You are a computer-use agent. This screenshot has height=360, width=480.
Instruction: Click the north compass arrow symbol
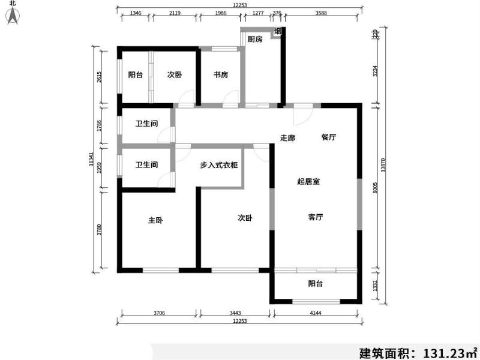click(13, 17)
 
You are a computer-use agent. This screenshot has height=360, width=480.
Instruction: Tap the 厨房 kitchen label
click(255, 40)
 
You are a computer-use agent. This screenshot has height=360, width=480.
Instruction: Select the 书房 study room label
click(221, 75)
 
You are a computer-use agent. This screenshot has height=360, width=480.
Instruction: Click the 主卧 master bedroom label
click(155, 220)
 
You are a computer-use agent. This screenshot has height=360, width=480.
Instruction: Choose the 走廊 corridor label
click(288, 137)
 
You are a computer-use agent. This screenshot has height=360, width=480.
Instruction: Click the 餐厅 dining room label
click(328, 137)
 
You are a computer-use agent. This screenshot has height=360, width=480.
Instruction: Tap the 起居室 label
click(307, 181)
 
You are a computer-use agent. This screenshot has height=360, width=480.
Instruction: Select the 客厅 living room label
click(316, 217)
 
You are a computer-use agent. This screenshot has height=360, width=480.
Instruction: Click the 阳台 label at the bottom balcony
click(316, 284)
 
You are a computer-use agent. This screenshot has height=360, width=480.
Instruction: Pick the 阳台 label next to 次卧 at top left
click(135, 75)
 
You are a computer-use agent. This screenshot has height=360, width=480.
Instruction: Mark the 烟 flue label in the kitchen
click(278, 32)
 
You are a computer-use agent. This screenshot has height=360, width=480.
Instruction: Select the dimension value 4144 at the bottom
click(316, 313)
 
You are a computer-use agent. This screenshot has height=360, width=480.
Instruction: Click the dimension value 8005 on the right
click(375, 188)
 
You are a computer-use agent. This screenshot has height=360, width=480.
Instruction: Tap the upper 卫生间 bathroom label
click(146, 124)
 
